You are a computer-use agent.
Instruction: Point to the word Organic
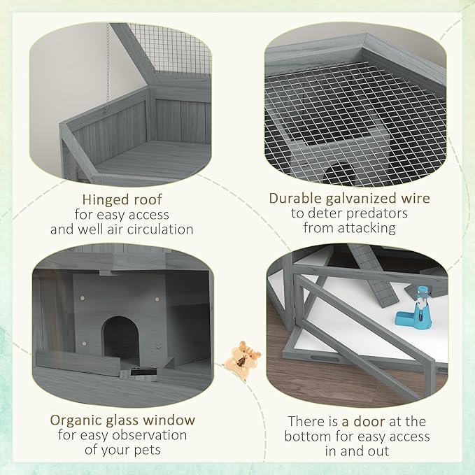click(x=79, y=420)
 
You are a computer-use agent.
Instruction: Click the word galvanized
click(x=360, y=199)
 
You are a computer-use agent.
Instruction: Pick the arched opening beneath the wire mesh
click(x=339, y=172)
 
